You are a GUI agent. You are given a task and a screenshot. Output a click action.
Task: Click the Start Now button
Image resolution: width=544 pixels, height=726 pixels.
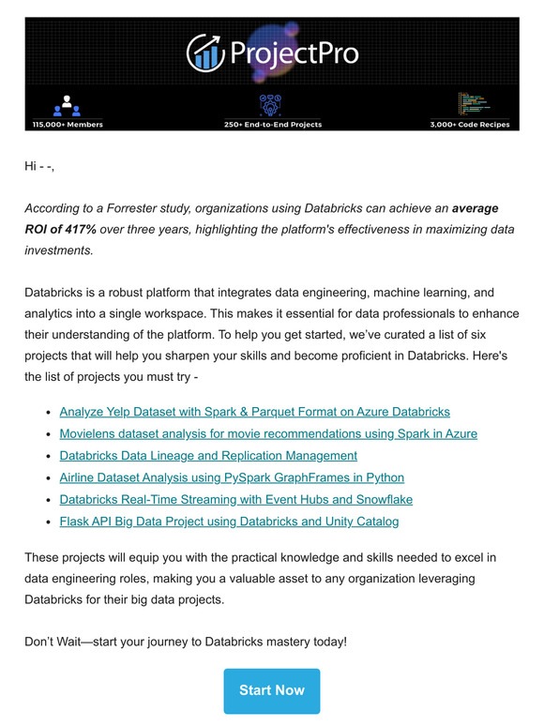(271, 690)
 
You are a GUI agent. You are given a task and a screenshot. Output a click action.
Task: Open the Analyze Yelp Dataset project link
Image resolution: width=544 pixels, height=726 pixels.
(254, 412)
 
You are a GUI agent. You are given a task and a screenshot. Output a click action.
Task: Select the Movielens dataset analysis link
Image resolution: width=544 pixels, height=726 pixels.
(268, 433)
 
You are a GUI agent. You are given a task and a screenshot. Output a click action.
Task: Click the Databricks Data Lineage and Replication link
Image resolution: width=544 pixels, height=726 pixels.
(208, 456)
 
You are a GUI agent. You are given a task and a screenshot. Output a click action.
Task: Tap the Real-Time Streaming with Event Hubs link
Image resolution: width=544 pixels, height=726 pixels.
(235, 499)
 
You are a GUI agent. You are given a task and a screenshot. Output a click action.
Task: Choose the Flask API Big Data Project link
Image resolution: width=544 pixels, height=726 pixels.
(229, 521)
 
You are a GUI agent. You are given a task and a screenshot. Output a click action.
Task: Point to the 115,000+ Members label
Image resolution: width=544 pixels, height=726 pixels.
(67, 124)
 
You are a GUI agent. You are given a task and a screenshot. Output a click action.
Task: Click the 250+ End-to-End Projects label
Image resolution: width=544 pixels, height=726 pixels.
(272, 124)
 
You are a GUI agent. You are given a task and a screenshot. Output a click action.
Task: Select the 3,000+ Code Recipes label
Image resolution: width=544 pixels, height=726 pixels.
(470, 124)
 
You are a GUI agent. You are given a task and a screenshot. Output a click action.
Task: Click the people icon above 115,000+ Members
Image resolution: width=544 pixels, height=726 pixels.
(67, 104)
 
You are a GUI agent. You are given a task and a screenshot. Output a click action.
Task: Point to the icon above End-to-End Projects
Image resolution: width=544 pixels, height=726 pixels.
(271, 103)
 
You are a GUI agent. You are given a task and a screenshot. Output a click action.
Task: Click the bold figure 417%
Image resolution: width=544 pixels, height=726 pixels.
(78, 229)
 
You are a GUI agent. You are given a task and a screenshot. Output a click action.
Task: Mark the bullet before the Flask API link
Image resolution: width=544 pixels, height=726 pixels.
(48, 522)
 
